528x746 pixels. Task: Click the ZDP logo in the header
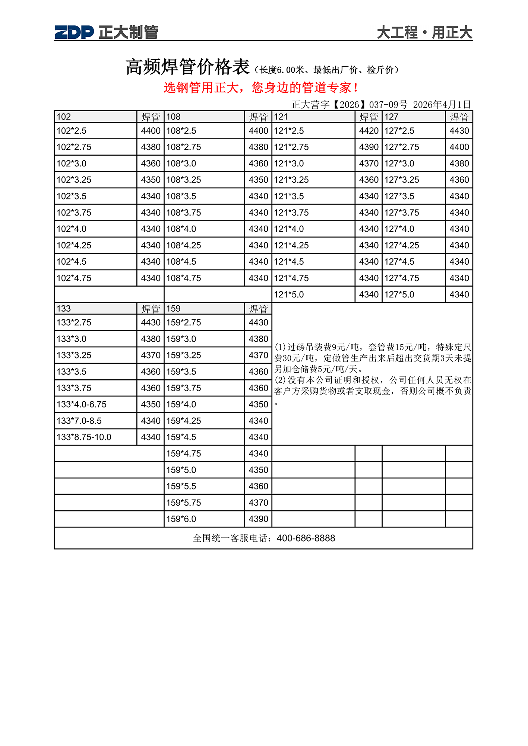point(74,32)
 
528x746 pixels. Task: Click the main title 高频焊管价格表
point(187,67)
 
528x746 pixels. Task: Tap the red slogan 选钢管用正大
point(261,88)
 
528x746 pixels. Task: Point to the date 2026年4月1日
point(442,105)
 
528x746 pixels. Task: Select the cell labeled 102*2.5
point(72,131)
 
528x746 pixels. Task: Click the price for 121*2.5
point(369,131)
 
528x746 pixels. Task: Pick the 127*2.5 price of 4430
point(459,131)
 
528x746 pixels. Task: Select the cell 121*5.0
point(289,295)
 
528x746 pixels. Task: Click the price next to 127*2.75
point(459,147)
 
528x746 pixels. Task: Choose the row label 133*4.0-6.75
point(82,405)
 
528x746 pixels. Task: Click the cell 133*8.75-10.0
point(84,437)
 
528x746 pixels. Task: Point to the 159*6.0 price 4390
point(258,519)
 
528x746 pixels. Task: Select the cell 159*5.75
point(184,503)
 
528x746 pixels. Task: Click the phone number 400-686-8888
point(306,538)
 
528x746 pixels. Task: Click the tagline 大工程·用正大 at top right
point(424,33)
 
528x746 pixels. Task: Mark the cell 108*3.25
point(184,180)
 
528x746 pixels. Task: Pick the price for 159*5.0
point(258,470)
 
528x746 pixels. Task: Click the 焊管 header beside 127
point(459,117)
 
